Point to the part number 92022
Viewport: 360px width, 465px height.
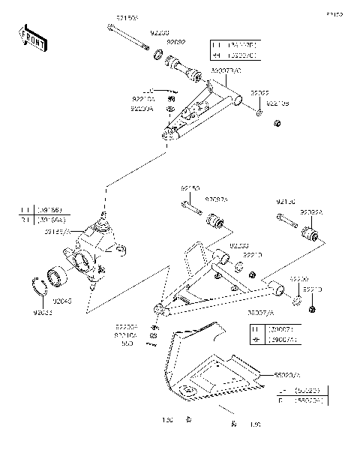(259, 94)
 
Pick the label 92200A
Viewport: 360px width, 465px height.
(142, 109)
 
